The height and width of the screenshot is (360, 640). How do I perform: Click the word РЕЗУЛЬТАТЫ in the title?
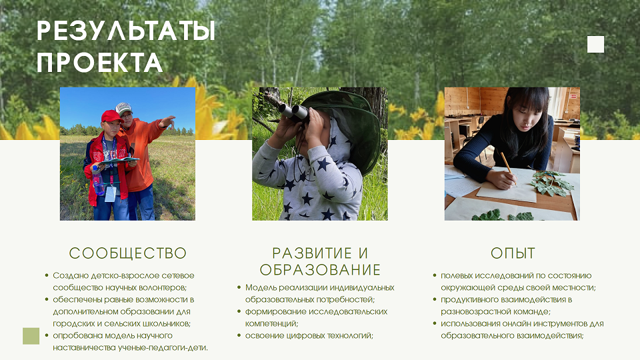point(126,31)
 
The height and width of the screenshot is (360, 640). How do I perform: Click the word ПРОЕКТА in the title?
point(99,63)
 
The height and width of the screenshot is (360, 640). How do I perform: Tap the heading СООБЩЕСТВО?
point(128,253)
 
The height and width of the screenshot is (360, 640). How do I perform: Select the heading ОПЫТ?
point(513,253)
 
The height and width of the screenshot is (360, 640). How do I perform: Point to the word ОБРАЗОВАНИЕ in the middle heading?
point(320,270)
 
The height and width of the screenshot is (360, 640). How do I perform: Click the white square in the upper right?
point(595,45)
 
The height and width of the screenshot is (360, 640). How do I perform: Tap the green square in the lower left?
point(31,336)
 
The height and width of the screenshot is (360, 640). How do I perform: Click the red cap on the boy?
point(111,116)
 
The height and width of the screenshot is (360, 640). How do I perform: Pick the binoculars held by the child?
point(294,112)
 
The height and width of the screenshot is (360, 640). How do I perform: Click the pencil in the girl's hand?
point(508,168)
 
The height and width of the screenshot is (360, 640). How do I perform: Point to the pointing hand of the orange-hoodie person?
point(167,121)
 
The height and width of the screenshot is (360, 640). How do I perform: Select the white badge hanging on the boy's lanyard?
point(110,194)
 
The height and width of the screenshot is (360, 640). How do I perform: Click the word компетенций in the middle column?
point(272,324)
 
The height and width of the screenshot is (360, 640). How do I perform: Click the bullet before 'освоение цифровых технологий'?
point(239,335)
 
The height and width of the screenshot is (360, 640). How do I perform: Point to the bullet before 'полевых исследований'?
point(435,275)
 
